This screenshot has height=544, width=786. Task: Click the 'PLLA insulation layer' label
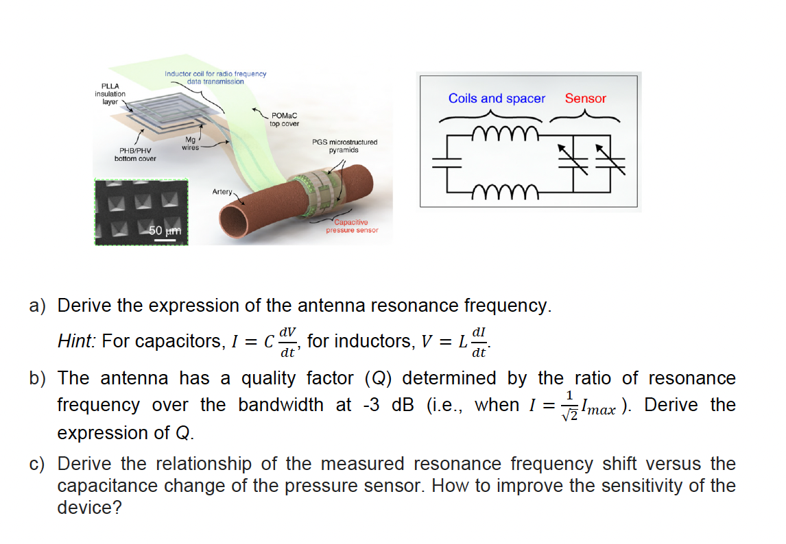click(110, 93)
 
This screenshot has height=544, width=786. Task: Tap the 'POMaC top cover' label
click(285, 120)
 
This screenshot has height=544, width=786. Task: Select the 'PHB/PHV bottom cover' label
click(135, 154)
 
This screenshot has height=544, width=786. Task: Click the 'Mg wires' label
click(191, 144)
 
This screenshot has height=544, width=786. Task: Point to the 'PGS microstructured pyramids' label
click(344, 146)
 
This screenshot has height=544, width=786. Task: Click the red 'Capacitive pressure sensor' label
click(352, 226)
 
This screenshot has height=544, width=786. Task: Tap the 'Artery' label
click(222, 192)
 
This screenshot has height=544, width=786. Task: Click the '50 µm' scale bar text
click(165, 231)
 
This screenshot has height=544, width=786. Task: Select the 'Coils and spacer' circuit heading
click(497, 99)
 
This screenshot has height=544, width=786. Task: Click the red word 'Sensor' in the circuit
click(585, 99)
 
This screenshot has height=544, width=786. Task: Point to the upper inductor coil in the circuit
click(508, 132)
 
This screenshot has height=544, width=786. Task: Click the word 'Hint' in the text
click(76, 341)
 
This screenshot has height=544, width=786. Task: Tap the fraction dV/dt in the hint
click(288, 341)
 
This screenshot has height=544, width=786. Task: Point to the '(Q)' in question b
click(378, 378)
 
